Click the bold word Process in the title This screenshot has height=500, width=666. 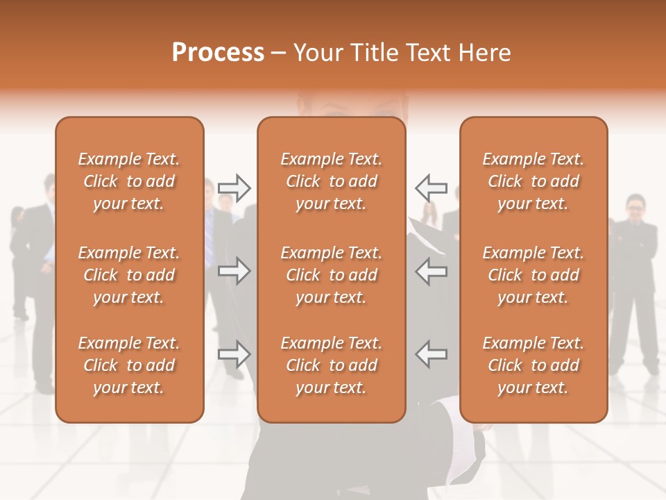[218, 53]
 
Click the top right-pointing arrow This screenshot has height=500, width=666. [234, 187]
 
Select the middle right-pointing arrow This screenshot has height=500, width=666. [234, 271]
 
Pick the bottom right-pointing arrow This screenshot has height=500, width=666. [234, 354]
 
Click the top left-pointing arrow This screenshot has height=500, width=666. [432, 187]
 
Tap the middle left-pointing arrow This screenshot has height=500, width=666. [432, 271]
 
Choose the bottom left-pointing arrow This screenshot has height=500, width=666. [432, 354]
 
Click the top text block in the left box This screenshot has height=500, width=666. [129, 181]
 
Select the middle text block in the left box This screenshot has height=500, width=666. [129, 275]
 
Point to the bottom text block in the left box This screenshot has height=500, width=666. [129, 365]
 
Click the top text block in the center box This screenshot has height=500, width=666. [332, 181]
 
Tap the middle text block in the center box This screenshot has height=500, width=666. [332, 275]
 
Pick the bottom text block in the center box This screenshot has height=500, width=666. [332, 365]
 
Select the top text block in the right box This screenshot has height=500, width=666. [533, 181]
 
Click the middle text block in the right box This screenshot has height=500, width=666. [533, 275]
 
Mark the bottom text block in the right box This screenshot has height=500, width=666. [533, 365]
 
